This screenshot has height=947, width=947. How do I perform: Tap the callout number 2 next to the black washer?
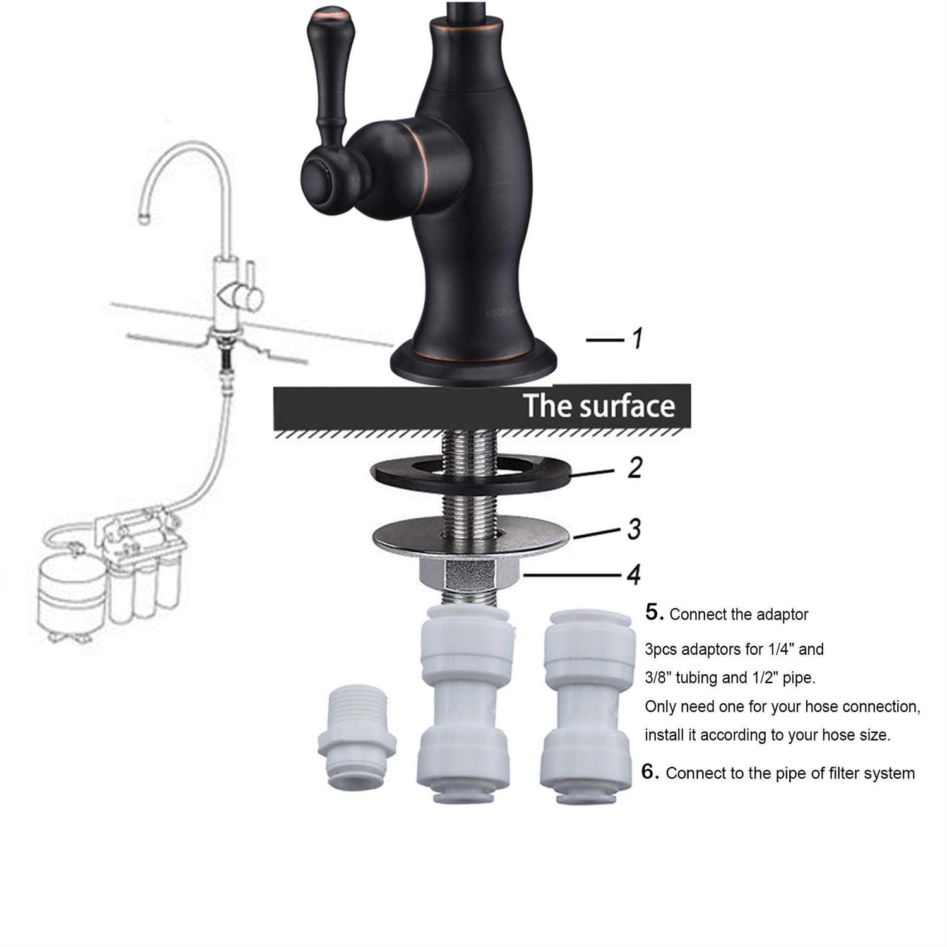(634, 467)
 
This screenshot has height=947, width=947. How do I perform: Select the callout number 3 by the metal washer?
(634, 529)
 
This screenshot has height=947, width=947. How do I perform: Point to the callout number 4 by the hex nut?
(634, 575)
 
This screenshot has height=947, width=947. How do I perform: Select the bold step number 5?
(655, 612)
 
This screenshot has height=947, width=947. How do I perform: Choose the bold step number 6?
(651, 771)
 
